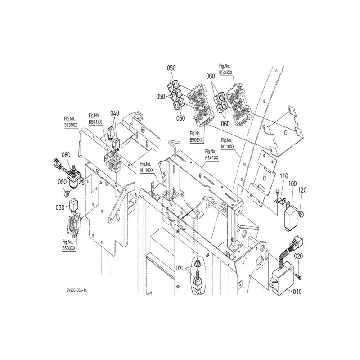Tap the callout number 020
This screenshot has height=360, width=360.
point(299,256)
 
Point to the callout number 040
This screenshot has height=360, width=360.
point(115,113)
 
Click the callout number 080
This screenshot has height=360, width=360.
point(66,155)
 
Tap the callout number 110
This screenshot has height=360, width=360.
point(284,175)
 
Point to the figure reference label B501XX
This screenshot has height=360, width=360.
point(95,121)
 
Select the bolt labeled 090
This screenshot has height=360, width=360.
point(67,193)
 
